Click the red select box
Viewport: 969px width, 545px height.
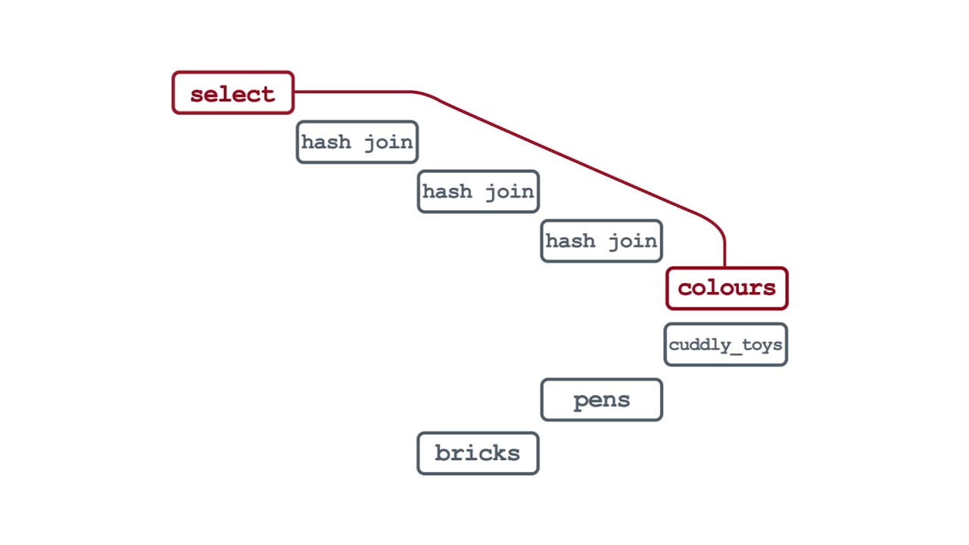pos(232,93)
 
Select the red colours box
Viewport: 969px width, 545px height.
pos(727,288)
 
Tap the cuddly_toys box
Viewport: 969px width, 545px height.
pos(725,344)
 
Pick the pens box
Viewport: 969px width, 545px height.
pos(601,400)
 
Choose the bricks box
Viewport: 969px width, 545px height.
pos(478,453)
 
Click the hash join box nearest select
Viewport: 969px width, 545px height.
pos(357,142)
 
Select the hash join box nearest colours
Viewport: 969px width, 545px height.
pos(601,241)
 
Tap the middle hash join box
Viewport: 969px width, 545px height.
pos(478,192)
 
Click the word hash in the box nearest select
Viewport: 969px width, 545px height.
pos(326,142)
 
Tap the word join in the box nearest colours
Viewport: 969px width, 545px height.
pos(632,241)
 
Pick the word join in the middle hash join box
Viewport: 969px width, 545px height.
pos(509,192)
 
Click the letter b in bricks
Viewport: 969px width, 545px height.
pos(442,453)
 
